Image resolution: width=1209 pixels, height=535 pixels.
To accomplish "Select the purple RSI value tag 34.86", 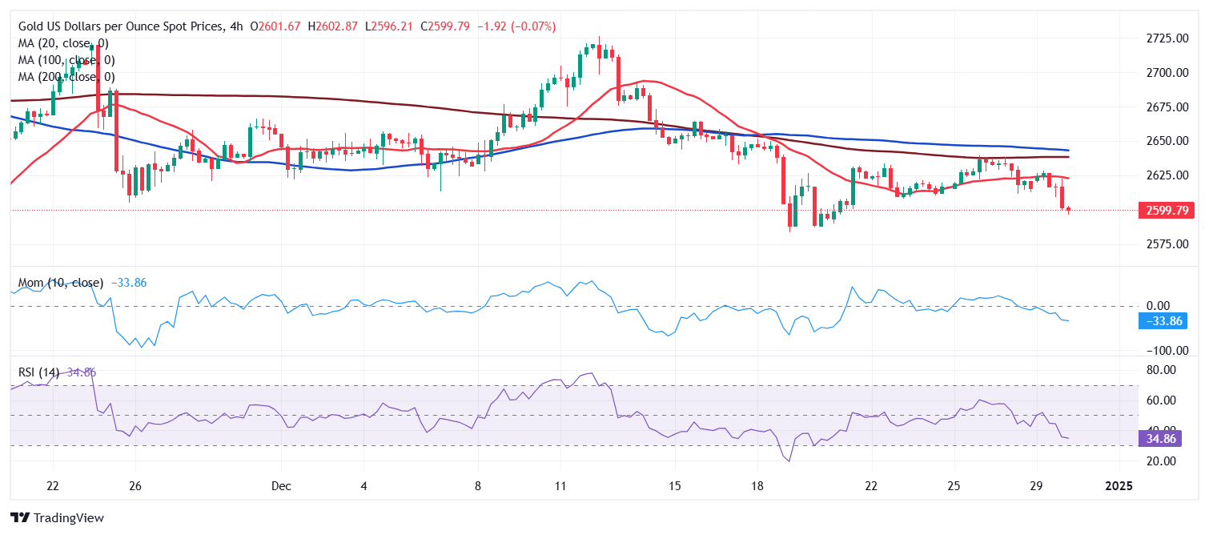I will (x=1161, y=439).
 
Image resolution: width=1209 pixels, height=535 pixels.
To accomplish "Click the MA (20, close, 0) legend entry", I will (x=62, y=43).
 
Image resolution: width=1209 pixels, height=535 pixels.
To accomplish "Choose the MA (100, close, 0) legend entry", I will (x=66, y=60).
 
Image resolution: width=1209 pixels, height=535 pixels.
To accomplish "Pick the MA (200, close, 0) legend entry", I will (x=66, y=77).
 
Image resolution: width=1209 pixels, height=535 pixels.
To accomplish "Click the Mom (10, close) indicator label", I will (x=61, y=283).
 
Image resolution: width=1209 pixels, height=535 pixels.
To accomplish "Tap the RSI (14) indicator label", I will (x=39, y=372).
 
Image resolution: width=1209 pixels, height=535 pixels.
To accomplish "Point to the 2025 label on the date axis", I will (x=1119, y=486).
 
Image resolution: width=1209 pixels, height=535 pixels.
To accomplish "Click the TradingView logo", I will (x=58, y=518).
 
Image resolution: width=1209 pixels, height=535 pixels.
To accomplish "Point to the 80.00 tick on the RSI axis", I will (x=1161, y=370).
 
